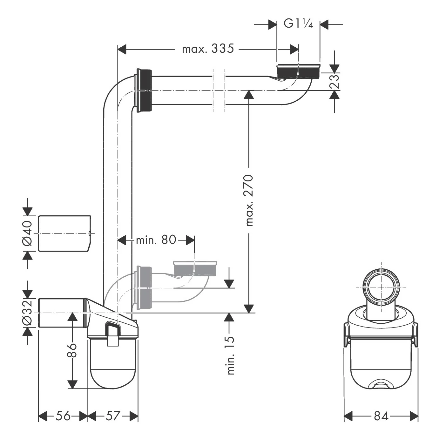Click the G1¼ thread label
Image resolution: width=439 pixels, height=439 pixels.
click(x=298, y=24)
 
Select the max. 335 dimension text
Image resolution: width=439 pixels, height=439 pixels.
click(x=208, y=49)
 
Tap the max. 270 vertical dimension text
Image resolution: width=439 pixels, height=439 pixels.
click(x=250, y=200)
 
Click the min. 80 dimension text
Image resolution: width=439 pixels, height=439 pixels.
click(x=156, y=240)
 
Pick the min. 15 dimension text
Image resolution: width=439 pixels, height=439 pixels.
click(x=230, y=356)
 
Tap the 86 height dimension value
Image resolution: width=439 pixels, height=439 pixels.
click(x=72, y=350)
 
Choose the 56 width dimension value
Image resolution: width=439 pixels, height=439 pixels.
click(x=63, y=416)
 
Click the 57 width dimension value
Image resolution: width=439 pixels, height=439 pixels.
click(x=113, y=416)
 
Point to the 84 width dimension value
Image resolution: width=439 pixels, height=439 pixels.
click(x=381, y=416)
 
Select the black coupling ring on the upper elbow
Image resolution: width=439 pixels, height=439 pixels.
click(x=145, y=91)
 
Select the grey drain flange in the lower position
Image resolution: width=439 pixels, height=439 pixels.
click(x=195, y=269)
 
